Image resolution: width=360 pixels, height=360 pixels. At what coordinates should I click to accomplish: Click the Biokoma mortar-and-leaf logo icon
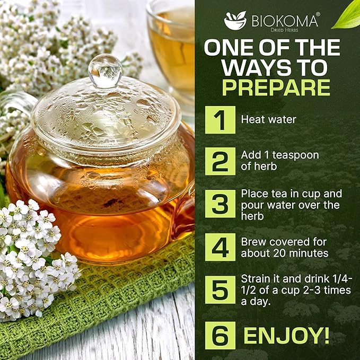tap(235, 20)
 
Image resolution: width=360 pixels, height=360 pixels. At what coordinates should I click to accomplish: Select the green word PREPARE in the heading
tap(276, 87)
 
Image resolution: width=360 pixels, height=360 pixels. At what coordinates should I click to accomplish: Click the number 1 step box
tap(219, 120)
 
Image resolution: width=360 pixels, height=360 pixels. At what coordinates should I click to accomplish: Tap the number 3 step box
tap(219, 204)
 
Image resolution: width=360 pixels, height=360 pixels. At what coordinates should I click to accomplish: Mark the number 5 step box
tap(219, 288)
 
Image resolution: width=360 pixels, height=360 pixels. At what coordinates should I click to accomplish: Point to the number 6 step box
tap(219, 335)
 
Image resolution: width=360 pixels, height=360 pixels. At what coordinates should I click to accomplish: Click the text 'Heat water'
tap(268, 120)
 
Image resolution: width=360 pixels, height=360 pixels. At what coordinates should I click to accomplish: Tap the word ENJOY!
tap(286, 335)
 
